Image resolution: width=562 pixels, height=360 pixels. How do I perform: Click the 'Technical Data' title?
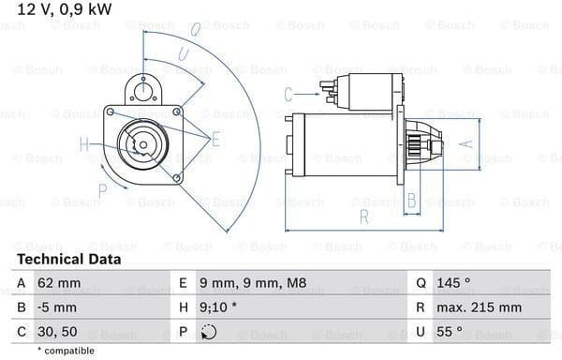click(x=68, y=259)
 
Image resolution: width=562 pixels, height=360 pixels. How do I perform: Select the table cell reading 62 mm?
click(x=58, y=282)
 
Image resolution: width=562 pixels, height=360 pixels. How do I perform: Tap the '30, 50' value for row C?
click(x=59, y=331)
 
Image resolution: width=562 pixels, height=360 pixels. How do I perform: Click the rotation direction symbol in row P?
click(x=209, y=331)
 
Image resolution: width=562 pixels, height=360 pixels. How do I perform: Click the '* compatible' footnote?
click(x=67, y=350)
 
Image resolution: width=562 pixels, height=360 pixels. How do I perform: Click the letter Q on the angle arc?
click(x=195, y=29)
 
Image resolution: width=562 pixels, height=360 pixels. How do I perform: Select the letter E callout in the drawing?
click(x=215, y=140)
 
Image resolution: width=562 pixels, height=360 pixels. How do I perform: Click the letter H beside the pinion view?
click(x=85, y=144)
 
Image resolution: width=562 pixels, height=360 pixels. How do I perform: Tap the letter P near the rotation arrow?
click(x=103, y=188)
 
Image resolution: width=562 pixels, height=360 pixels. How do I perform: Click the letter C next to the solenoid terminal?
click(x=288, y=93)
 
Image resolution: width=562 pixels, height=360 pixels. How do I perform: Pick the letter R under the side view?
click(x=364, y=218)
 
